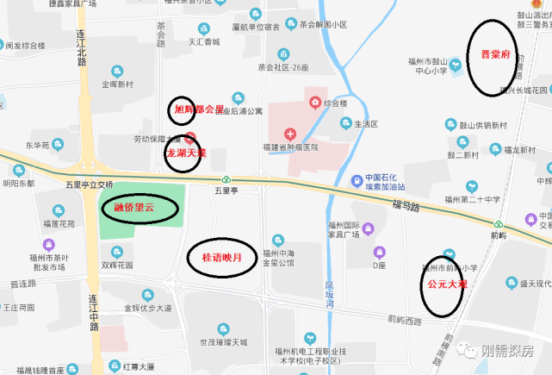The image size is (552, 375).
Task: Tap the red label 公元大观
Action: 443,282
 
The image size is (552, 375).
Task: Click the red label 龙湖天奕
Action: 185,153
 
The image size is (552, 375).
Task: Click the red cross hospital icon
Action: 290,134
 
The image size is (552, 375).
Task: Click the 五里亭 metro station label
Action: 225,191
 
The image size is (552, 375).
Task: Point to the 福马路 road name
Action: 405,205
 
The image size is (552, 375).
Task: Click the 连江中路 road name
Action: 93,311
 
